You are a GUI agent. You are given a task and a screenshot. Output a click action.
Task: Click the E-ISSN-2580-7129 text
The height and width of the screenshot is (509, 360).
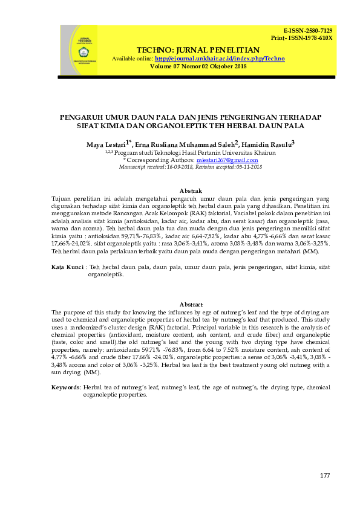point(308,31)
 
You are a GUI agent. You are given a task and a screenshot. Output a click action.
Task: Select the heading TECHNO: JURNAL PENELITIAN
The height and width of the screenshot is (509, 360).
point(198,50)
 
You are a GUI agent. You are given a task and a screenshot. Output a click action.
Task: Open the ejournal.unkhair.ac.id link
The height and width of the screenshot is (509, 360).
point(220,58)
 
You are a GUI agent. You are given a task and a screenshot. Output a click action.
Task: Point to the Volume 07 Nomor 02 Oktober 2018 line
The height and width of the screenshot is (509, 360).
point(198,66)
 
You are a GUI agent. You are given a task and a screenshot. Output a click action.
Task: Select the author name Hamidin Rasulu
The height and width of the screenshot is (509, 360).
point(268,144)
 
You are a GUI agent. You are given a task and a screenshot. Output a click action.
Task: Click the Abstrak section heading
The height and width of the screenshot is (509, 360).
point(191,191)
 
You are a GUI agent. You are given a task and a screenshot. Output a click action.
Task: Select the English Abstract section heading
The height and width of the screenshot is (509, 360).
point(191,304)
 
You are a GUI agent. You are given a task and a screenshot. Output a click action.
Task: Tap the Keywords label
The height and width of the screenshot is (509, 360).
point(65,387)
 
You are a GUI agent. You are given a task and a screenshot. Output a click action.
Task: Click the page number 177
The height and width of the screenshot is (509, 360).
point(325,476)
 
